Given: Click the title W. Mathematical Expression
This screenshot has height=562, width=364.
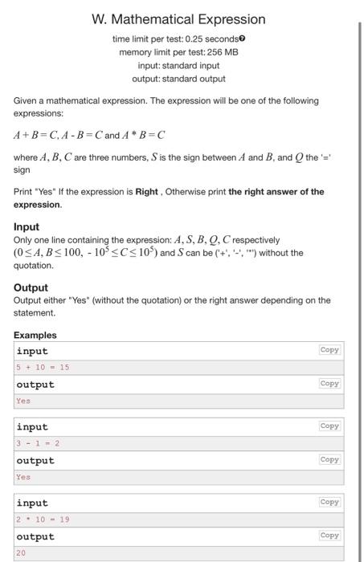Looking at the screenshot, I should [x=178, y=18].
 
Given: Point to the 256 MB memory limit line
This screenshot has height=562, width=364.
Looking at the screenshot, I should [x=178, y=52].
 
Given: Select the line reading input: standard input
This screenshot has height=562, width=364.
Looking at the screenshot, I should [x=178, y=65].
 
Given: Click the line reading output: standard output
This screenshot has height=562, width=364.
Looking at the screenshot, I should [x=178, y=79].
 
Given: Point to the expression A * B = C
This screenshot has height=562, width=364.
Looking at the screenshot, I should [x=145, y=134].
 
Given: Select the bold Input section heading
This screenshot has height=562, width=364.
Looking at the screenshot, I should [x=27, y=227].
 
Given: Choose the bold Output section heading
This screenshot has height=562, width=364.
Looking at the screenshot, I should [x=31, y=287].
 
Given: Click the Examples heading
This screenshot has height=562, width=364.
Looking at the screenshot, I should [x=35, y=335].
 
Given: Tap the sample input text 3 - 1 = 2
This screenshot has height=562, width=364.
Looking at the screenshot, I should [x=38, y=443].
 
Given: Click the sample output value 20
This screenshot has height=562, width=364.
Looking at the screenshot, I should [x=21, y=553].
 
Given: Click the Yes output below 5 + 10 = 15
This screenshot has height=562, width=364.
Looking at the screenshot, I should [x=22, y=401].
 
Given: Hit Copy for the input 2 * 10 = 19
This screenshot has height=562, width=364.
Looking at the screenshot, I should [x=329, y=503].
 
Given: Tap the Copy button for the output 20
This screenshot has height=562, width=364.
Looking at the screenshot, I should [x=329, y=536].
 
